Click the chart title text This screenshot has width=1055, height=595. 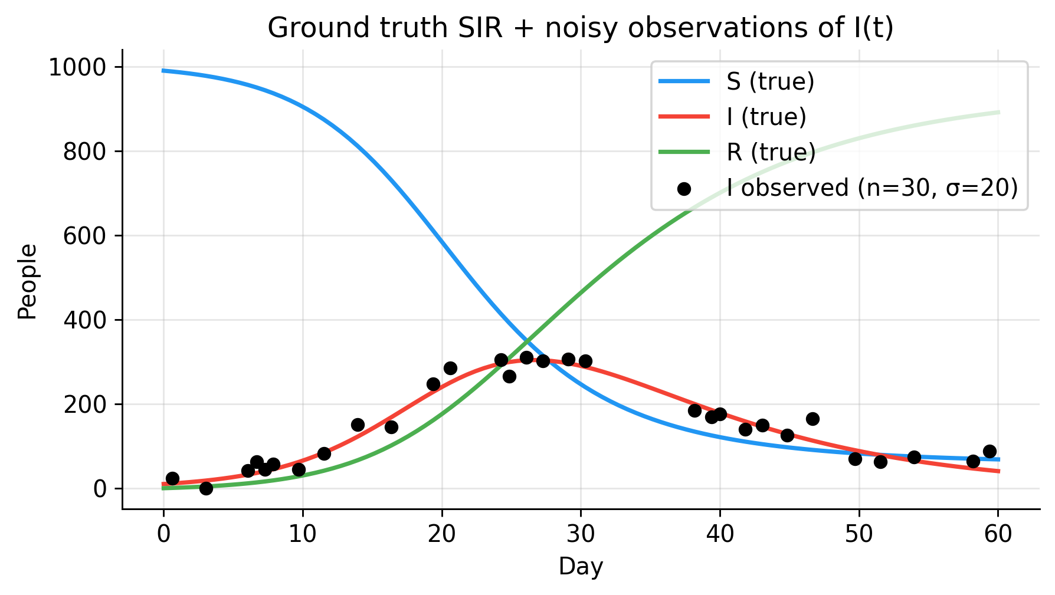(581, 28)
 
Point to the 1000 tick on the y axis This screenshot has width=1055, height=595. (77, 68)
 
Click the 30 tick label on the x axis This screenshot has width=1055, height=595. (581, 534)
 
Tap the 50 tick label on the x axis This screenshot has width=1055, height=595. (859, 534)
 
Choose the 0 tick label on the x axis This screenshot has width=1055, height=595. (163, 534)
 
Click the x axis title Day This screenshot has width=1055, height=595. (581, 567)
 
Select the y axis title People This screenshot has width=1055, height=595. (27, 282)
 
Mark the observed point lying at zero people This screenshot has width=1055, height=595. (206, 488)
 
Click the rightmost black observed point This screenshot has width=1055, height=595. (990, 452)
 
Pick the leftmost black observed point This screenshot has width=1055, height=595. (172, 478)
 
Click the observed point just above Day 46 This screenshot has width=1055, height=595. (812, 419)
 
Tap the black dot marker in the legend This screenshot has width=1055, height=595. (684, 189)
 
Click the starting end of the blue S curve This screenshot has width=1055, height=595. (163, 71)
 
